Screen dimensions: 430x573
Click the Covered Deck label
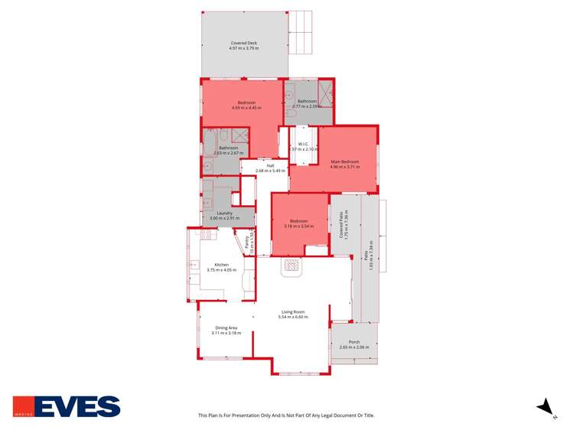coord(244,43)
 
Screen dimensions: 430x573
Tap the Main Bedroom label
coord(345,161)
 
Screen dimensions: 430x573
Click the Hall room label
coord(270,165)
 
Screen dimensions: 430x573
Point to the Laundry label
coord(224,213)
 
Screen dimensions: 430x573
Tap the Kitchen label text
coord(222,264)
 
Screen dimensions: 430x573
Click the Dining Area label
coord(224,327)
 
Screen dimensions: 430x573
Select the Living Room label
coord(293,311)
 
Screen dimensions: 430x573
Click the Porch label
coord(353,342)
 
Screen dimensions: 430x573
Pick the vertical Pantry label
coord(246,243)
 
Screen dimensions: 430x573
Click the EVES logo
coord(67,406)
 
